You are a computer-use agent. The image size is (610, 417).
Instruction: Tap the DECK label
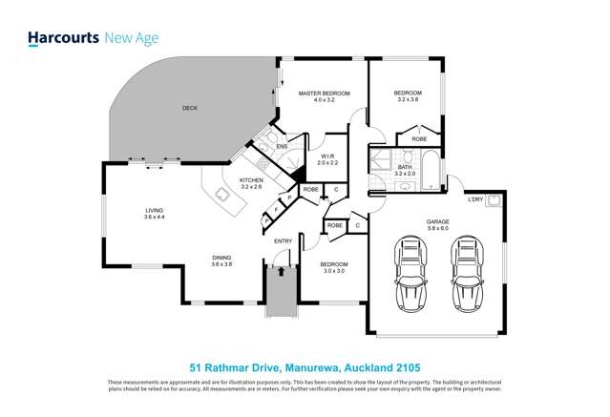(x=190, y=108)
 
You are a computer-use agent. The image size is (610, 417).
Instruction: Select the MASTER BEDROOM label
(x=324, y=94)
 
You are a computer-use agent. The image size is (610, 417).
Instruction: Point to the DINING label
(x=221, y=257)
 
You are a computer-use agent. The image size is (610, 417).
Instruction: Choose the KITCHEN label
(x=251, y=180)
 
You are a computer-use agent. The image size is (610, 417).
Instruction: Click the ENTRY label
(x=283, y=241)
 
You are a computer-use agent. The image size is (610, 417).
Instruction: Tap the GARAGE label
(x=438, y=222)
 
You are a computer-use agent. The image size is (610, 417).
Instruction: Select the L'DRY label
(x=475, y=199)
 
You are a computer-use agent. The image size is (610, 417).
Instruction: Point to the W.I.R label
(x=327, y=156)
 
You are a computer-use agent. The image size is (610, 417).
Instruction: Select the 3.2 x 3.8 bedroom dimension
(x=408, y=99)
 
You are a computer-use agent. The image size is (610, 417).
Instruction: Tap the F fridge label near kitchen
(x=276, y=208)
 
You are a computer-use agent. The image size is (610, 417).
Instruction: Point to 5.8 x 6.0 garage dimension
(x=438, y=229)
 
